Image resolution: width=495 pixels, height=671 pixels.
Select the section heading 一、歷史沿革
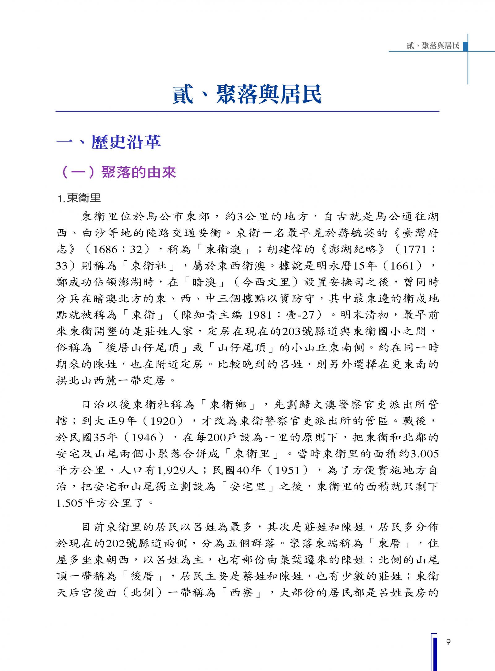pyautogui.click(x=109, y=142)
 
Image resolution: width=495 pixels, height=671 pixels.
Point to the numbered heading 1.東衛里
pyautogui.click(x=80, y=198)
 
